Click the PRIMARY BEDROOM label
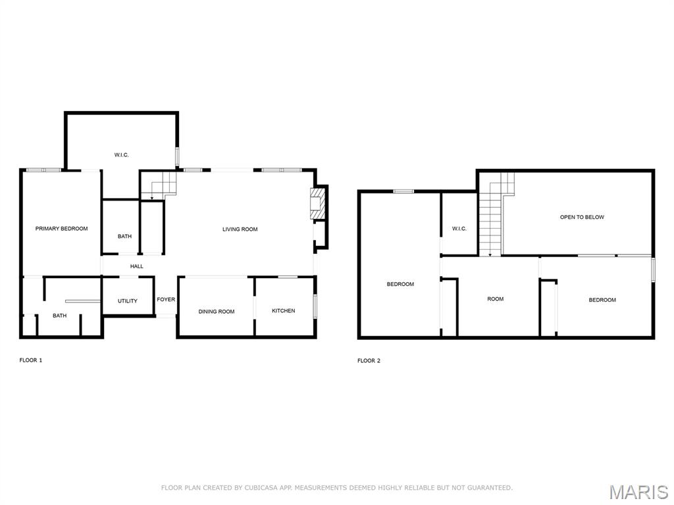click(x=61, y=229)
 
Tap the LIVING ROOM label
click(x=240, y=229)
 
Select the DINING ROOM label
click(x=217, y=312)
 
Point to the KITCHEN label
click(x=284, y=311)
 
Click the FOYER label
click(x=166, y=300)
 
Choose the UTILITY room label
click(x=128, y=301)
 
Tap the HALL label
click(x=136, y=266)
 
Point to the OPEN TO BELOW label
click(x=582, y=217)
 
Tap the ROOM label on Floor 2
click(x=495, y=299)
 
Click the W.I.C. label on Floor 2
click(x=459, y=229)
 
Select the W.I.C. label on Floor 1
click(x=121, y=155)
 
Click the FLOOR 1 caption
click(x=31, y=360)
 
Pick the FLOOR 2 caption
click(x=369, y=360)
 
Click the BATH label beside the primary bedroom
click(x=124, y=237)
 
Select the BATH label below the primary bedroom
click(x=60, y=316)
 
